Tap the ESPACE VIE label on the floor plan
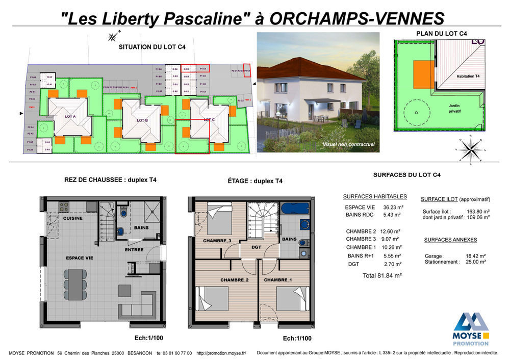[x=79, y=258]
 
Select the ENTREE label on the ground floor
[x=134, y=250]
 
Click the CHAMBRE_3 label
[x=217, y=241]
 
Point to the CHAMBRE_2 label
[x=235, y=280]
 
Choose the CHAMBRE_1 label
[x=278, y=280]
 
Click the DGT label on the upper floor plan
[x=256, y=247]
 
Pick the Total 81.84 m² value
[x=382, y=275]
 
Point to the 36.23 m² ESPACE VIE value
[x=392, y=208]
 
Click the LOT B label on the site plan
[x=142, y=120]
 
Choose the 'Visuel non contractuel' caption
[x=348, y=145]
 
